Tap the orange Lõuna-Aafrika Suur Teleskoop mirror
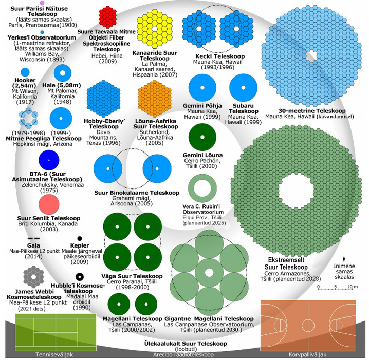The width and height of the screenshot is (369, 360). [154, 97]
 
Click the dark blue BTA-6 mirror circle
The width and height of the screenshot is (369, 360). [49, 161]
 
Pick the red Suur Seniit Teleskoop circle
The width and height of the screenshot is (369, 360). [49, 204]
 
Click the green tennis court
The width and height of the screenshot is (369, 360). [56, 332]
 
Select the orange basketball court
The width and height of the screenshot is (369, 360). [308, 325]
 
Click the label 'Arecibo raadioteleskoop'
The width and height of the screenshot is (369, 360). [184, 355]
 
